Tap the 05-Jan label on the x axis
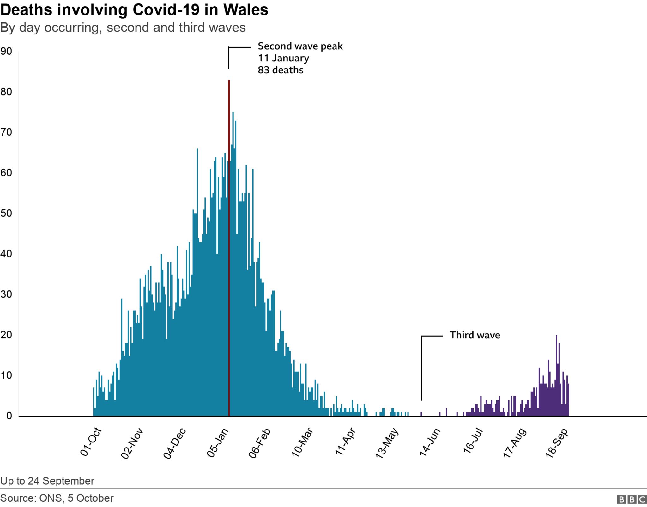tap(218, 443)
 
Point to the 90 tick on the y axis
tap(6, 52)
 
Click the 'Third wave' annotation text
tap(475, 335)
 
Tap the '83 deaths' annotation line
tap(281, 70)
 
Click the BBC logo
tap(632, 499)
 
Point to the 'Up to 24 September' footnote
tap(47, 481)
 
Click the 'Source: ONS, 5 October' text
tap(57, 498)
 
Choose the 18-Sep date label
tap(557, 443)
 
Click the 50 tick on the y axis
tap(6, 213)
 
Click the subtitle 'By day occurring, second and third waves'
tap(123, 28)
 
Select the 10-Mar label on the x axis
tap(302, 443)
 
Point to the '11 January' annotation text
tap(283, 58)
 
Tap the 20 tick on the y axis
tap(6, 335)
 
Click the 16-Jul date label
tap(473, 443)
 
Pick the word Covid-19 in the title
tap(166, 10)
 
